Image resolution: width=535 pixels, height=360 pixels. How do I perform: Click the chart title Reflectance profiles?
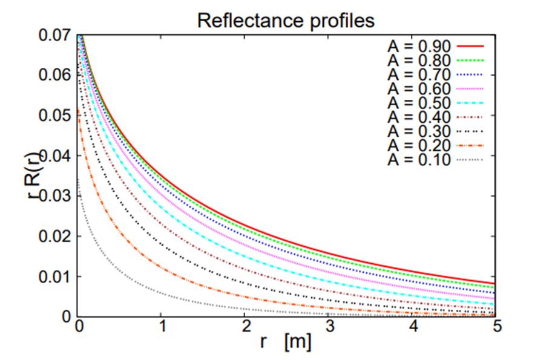286,21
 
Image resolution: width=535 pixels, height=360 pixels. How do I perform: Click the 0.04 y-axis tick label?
54,155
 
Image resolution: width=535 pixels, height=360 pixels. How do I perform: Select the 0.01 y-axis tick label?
54,277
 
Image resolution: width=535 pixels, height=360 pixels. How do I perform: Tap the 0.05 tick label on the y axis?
54,116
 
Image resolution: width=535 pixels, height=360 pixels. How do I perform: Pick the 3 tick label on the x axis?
329,327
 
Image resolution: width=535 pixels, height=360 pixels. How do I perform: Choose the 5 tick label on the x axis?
496,327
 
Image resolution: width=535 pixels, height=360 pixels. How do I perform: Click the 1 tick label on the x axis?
162,327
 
